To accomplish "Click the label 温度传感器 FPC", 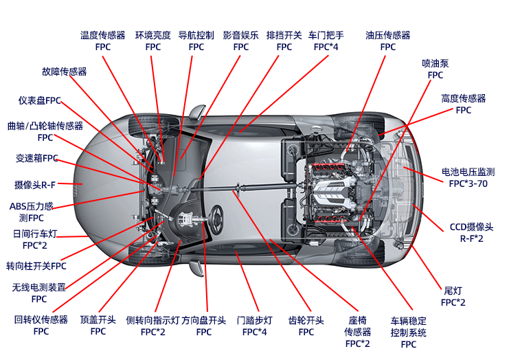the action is [103, 41].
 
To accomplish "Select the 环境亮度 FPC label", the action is [153, 41].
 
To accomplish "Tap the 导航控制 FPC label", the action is [196, 41].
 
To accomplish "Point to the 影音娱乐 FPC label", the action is [240, 41].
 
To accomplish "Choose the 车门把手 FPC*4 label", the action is [326, 41].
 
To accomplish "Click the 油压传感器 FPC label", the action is [388, 41].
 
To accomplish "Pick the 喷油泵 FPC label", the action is [436, 69].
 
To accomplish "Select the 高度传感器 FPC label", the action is [463, 104].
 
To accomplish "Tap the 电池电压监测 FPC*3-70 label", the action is [468, 177].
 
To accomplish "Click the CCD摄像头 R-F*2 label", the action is [471, 233].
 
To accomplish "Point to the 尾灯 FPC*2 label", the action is [453, 296].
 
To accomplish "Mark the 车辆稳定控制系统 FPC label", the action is [409, 333].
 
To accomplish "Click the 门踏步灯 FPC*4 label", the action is [254, 326].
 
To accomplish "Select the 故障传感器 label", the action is [65, 71].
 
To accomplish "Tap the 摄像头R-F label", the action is [35, 185].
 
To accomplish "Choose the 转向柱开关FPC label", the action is [36, 266].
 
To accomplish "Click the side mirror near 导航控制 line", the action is [196, 113].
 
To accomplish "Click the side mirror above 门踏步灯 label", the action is [196, 268].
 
